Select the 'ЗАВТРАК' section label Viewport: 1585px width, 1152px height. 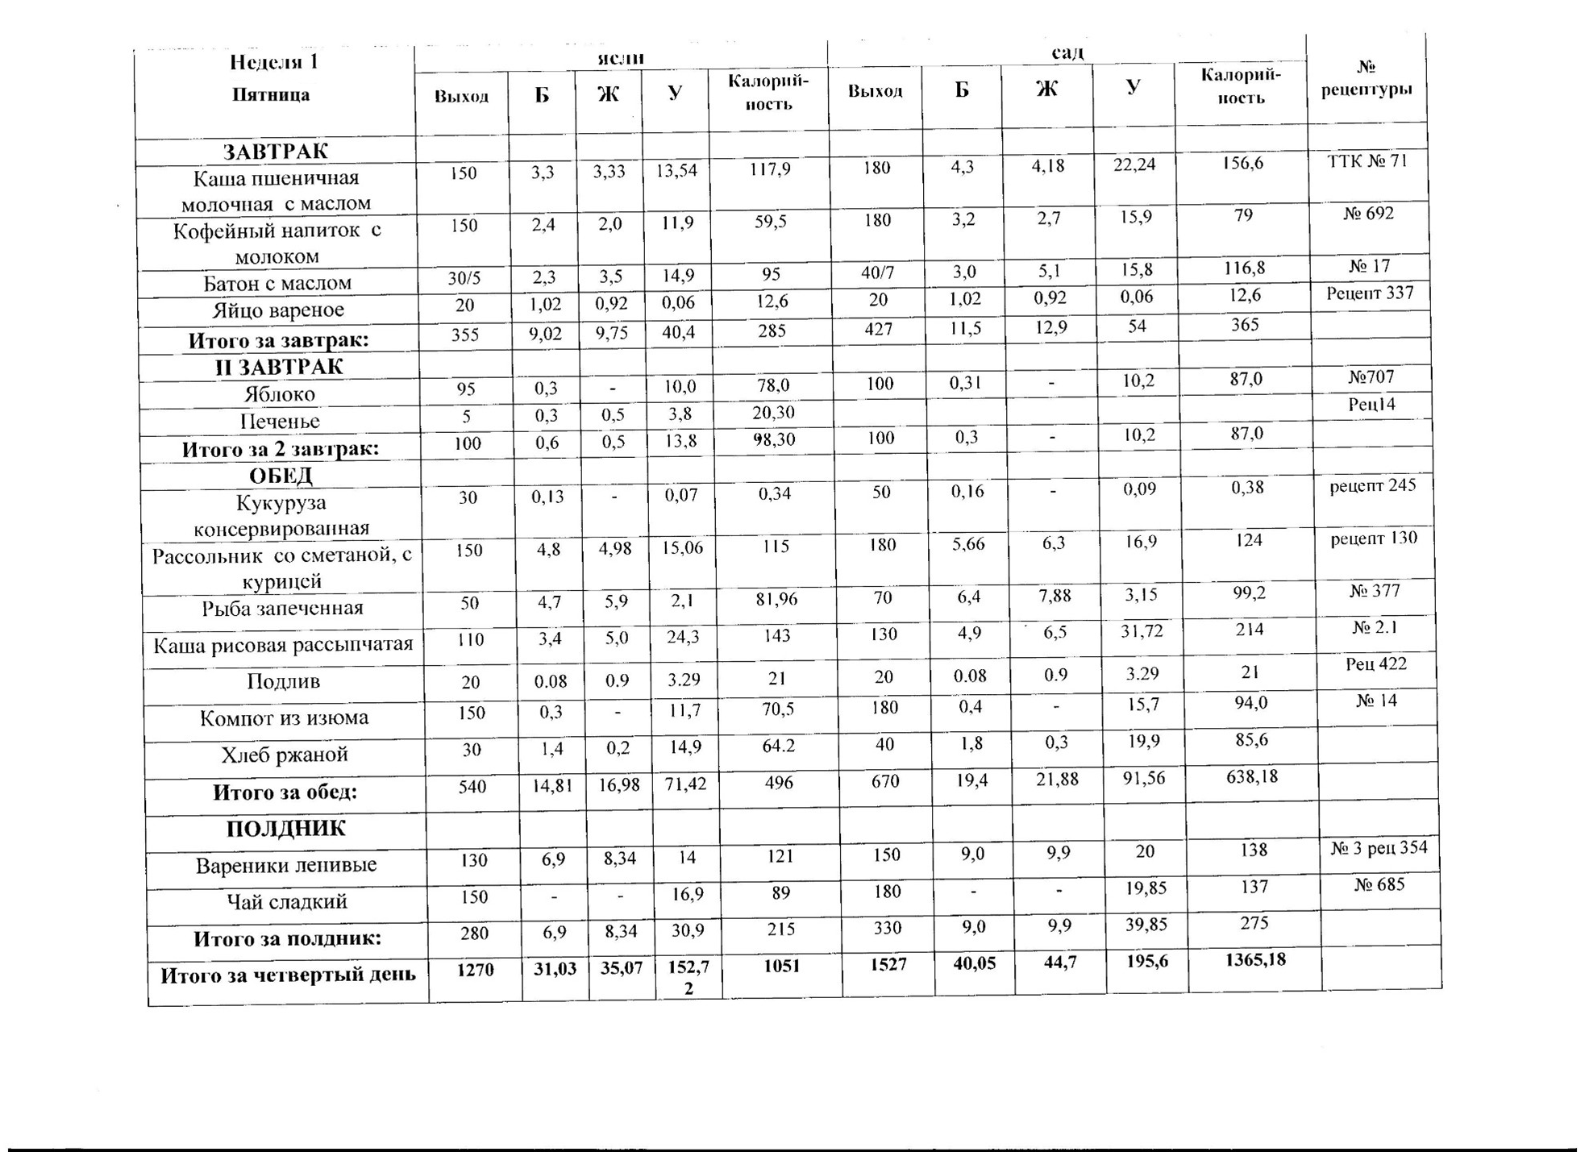275,152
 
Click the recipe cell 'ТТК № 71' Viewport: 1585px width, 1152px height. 1367,161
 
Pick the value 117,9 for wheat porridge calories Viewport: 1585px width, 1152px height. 768,170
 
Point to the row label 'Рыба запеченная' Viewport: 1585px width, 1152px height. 282,608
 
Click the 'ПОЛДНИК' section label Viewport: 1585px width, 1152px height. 285,829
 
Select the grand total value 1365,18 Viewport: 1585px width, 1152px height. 1254,959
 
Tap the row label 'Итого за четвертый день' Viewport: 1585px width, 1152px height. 288,975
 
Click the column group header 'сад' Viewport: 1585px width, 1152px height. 1067,52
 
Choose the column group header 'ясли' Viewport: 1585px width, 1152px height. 621,57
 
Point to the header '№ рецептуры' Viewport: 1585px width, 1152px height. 1366,78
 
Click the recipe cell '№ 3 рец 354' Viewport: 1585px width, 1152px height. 1379,848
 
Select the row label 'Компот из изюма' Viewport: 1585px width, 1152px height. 284,717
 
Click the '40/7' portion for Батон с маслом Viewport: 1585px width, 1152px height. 877,273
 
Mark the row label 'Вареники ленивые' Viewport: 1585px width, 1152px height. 286,865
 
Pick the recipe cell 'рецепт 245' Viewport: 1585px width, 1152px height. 1372,485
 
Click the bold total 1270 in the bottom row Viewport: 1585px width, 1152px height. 475,970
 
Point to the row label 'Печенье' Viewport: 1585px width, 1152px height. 280,421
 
